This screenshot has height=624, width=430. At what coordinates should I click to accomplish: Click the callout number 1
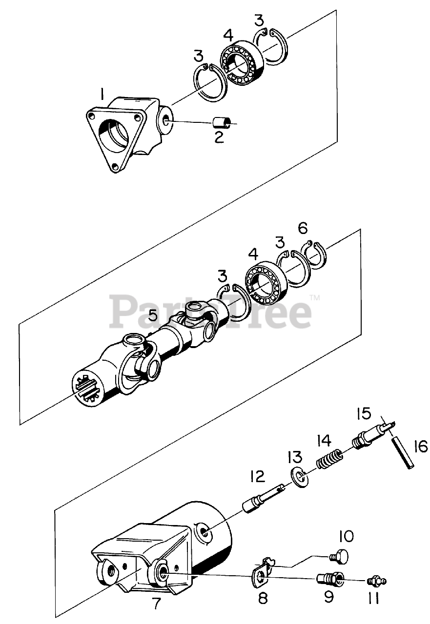tap(102, 93)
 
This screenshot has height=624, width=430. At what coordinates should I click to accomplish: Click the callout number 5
tap(153, 315)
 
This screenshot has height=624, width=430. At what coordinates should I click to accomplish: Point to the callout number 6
tap(303, 227)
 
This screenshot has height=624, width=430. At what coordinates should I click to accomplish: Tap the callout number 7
tap(156, 603)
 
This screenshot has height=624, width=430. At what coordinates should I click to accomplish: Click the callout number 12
tap(257, 476)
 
